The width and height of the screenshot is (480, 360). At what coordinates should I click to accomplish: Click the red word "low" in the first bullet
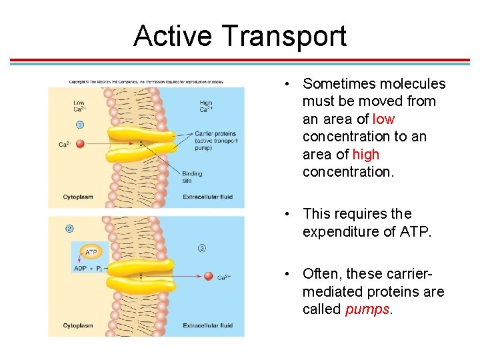383,119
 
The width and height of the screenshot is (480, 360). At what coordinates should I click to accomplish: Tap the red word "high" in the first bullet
365,154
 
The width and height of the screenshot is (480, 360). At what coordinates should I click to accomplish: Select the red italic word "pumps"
366,309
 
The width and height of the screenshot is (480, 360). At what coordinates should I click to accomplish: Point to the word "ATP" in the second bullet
415,231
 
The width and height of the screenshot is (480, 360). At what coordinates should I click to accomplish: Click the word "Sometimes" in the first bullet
336,84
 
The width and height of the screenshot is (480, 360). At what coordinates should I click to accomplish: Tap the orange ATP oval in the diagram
91,253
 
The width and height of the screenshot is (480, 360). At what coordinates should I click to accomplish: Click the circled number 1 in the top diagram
79,125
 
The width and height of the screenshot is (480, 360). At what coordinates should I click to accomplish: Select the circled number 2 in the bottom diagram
69,229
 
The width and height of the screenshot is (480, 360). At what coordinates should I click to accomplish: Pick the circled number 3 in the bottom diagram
202,248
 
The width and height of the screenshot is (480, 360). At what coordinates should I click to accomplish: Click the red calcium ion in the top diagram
80,143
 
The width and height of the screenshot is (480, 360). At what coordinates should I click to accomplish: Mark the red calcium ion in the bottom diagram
209,276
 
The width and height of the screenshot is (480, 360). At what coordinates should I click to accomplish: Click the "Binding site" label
192,177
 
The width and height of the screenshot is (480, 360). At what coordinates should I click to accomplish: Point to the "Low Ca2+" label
79,106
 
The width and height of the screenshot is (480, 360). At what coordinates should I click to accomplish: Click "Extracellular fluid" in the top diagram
208,197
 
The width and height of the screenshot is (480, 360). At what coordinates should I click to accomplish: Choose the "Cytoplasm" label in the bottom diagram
78,325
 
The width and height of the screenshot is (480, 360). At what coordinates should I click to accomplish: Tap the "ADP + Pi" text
87,269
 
